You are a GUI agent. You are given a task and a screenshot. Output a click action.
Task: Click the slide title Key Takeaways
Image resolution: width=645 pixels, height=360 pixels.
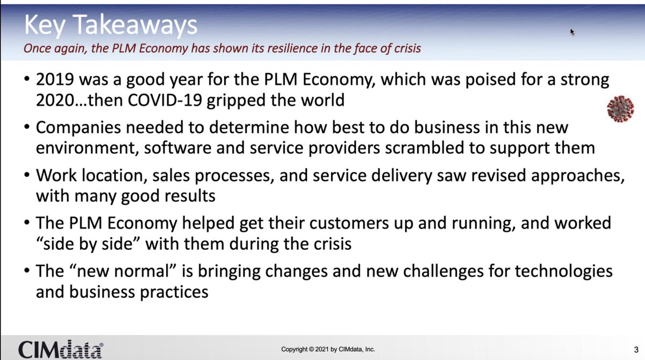click(111, 25)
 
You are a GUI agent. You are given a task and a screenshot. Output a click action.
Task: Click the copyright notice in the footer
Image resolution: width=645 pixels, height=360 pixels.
click(328, 350)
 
